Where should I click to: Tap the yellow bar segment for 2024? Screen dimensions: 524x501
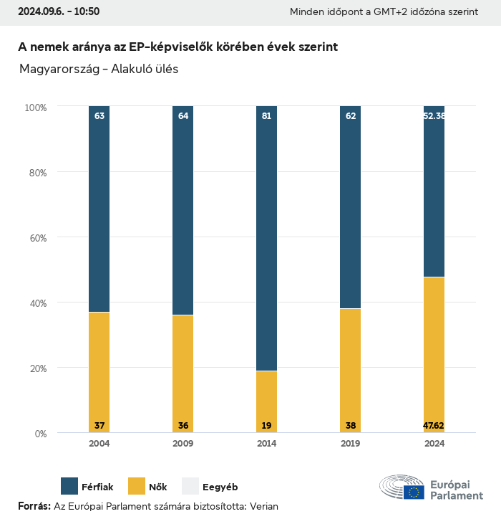[x=434, y=354]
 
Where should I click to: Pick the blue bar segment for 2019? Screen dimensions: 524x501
[x=350, y=207]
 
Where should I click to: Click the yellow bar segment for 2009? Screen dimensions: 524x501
[x=183, y=373]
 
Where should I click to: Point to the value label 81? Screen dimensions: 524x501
[x=266, y=115]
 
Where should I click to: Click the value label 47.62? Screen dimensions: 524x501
[x=434, y=426]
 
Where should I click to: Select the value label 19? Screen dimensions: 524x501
[x=266, y=426]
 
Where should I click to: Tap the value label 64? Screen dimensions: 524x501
[x=183, y=115]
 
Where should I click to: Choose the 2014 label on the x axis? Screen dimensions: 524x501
[x=266, y=444]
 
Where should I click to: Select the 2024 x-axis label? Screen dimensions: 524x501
[x=434, y=444]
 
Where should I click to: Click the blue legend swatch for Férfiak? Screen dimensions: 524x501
[x=69, y=486]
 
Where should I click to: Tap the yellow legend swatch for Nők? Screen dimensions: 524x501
[x=136, y=486]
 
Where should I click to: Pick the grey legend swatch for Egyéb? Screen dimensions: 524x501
[x=190, y=486]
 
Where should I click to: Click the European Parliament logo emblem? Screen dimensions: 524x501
[x=402, y=487]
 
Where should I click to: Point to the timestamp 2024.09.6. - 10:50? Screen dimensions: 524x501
[x=59, y=11]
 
